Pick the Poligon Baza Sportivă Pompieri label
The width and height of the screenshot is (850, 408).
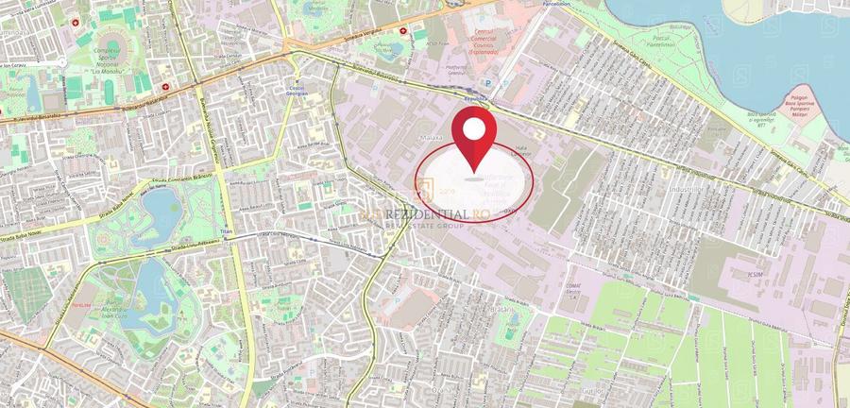(809, 103)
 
